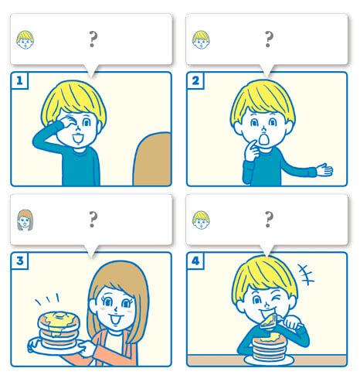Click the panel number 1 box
19,81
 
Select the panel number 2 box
195,81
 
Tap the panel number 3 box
19,261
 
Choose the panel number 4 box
195,261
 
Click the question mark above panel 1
93,39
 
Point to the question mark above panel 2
269,39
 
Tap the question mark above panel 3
93,220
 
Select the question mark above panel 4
269,220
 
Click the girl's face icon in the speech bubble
25,220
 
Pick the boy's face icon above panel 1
25,39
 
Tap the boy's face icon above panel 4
201,220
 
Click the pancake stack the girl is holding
59,330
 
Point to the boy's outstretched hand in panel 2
324,169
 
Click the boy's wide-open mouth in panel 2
263,139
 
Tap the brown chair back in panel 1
152,159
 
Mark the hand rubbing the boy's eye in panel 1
67,123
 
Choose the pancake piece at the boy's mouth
269,322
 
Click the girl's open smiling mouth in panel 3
114,319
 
